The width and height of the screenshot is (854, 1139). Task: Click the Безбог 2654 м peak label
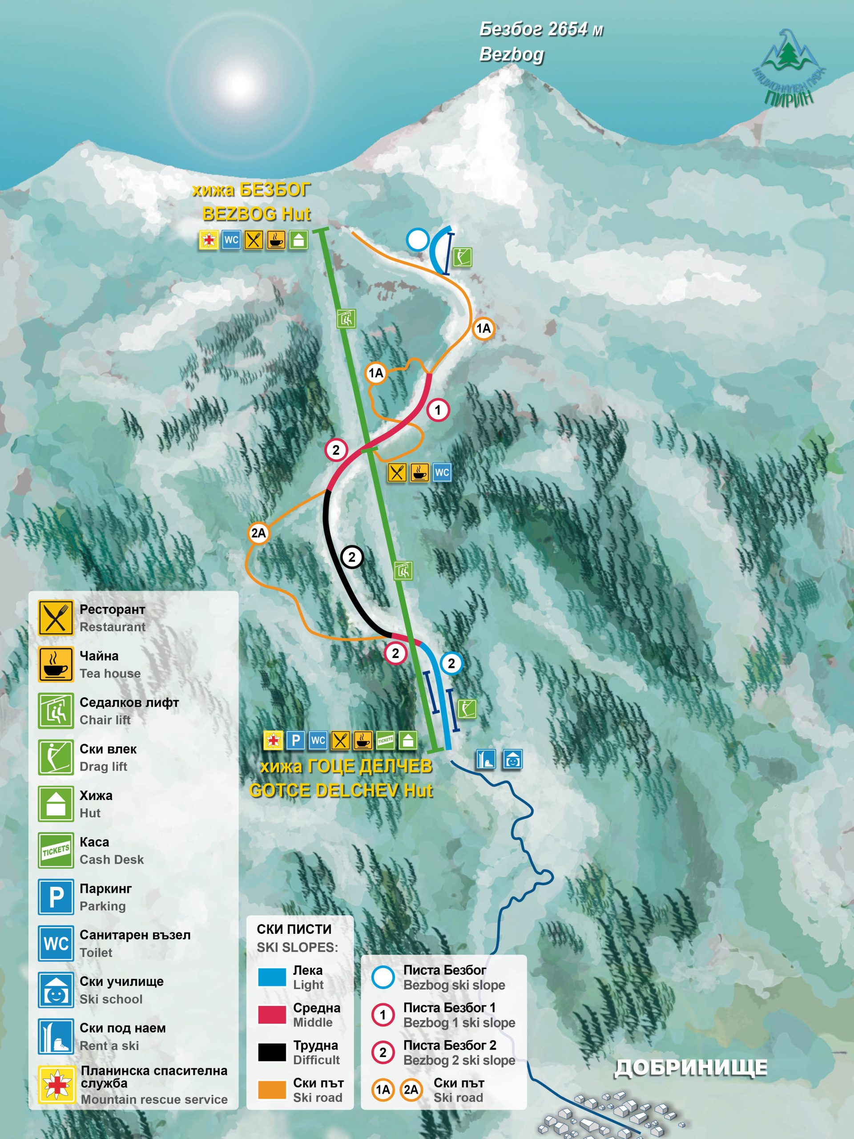(540, 30)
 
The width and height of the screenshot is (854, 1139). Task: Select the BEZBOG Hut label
(256, 214)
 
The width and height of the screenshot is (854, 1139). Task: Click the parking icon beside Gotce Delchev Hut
(295, 740)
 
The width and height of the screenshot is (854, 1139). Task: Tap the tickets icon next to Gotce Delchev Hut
(385, 740)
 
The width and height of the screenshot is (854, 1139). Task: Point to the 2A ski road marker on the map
(258, 533)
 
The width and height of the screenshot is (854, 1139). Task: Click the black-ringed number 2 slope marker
(352, 557)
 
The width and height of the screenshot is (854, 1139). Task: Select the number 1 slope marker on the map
(438, 410)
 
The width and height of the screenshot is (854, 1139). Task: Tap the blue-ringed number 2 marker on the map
(451, 663)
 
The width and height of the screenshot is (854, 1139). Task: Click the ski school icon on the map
(512, 759)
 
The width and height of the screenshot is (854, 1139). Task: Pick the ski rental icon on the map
(485, 759)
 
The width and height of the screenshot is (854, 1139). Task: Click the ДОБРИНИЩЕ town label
(691, 1068)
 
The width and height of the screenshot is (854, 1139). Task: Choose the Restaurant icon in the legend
(56, 618)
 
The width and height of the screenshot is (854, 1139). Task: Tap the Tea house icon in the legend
(56, 664)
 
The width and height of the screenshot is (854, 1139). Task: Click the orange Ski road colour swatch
(272, 1090)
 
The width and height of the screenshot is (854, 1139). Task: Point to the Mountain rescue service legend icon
(56, 1085)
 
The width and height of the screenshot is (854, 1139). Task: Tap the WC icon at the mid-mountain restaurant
(442, 472)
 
